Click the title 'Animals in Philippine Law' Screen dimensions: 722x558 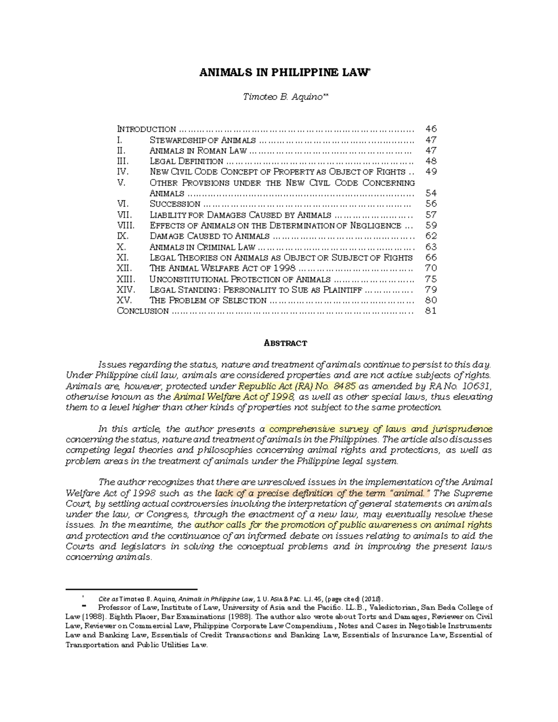(278, 73)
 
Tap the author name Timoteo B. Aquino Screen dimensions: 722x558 (278, 97)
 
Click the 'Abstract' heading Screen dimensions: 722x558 (279, 343)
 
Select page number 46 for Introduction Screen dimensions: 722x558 (431, 129)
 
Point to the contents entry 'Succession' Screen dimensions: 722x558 (175, 204)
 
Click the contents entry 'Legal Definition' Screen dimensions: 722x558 (186, 161)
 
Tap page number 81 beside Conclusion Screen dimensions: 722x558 (431, 311)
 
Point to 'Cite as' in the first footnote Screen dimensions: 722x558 (108, 599)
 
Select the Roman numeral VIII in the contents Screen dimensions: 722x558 (125, 225)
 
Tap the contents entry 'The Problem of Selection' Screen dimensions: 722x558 (208, 300)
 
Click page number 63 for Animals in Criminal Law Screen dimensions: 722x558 (431, 247)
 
